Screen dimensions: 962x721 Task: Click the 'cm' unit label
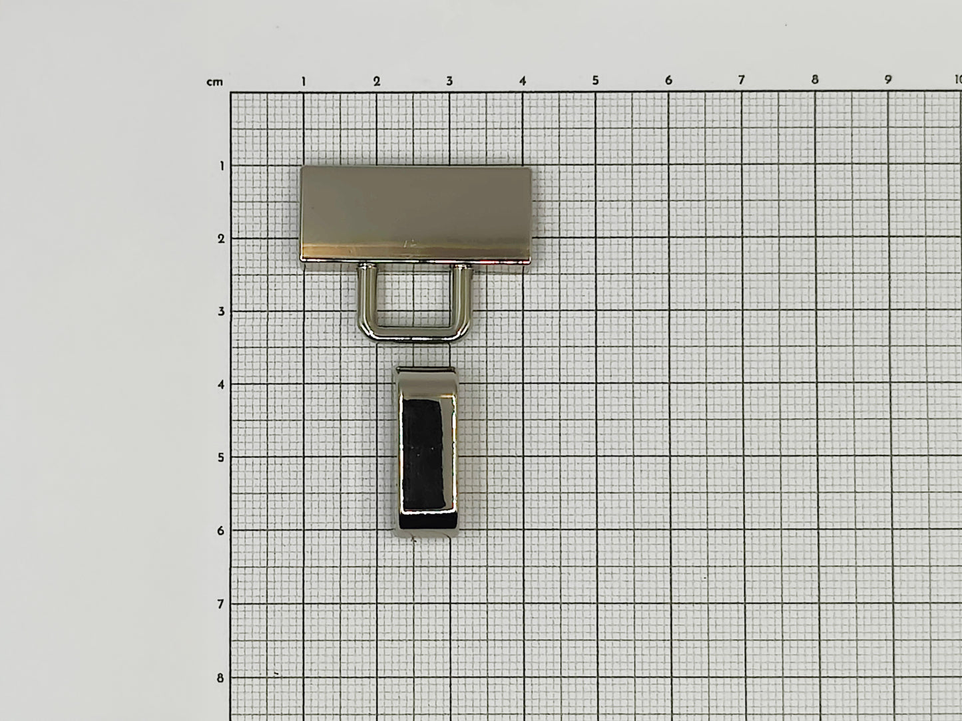click(x=215, y=82)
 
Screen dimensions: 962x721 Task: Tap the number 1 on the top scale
click(x=304, y=81)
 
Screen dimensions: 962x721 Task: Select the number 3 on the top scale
click(x=449, y=81)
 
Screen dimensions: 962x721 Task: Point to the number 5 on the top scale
click(x=595, y=80)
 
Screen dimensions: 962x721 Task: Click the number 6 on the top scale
click(x=668, y=80)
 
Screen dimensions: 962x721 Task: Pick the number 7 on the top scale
click(x=742, y=80)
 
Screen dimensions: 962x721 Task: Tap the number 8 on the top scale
click(x=815, y=80)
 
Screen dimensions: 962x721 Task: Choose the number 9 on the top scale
click(x=888, y=80)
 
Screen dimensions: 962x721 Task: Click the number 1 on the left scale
click(x=222, y=166)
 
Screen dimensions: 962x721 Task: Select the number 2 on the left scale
click(x=222, y=239)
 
